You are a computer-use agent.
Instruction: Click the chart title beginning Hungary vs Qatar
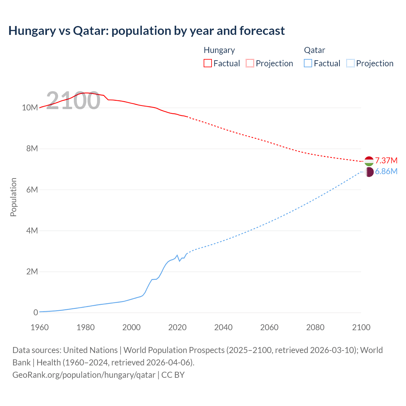pyautogui.click(x=147, y=31)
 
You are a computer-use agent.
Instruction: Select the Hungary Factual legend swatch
pyautogui.click(x=207, y=63)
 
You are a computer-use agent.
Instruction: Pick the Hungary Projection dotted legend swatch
pyautogui.click(x=250, y=63)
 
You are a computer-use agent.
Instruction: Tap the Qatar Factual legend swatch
pyautogui.click(x=308, y=63)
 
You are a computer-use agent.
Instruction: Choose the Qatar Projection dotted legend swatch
pyautogui.click(x=350, y=63)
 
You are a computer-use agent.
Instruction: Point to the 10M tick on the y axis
pyautogui.click(x=30, y=108)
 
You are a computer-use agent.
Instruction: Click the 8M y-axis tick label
pyautogui.click(x=32, y=148)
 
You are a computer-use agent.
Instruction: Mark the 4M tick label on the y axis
pyautogui.click(x=32, y=231)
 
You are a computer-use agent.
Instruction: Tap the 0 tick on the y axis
pyautogui.click(x=36, y=312)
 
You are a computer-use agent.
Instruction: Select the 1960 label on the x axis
pyautogui.click(x=40, y=327)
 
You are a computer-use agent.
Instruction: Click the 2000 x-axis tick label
pyautogui.click(x=131, y=327)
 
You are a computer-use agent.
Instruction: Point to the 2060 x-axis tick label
pyautogui.click(x=269, y=327)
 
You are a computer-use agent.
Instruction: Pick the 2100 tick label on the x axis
pyautogui.click(x=361, y=327)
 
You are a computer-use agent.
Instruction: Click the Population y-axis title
pyautogui.click(x=13, y=197)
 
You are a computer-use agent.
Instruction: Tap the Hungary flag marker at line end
pyautogui.click(x=369, y=161)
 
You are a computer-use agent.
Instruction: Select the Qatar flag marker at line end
pyautogui.click(x=369, y=172)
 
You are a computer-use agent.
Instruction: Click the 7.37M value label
pyautogui.click(x=386, y=160)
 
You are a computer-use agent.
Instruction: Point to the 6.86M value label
pyautogui.click(x=386, y=172)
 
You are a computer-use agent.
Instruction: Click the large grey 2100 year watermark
pyautogui.click(x=73, y=101)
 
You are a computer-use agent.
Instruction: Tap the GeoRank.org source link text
pyautogui.click(x=84, y=375)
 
